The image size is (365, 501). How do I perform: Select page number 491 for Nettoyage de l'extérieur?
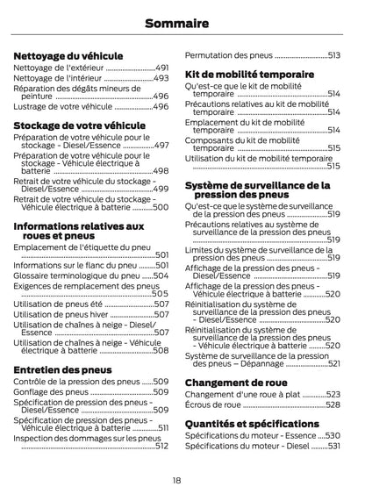(x=161, y=68)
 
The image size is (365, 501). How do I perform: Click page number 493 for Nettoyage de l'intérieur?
(x=161, y=78)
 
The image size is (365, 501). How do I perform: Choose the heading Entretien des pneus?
(x=62, y=369)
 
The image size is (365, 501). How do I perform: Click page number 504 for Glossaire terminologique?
(x=161, y=275)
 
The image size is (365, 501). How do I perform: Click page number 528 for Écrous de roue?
(x=333, y=404)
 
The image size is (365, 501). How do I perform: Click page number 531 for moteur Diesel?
(x=333, y=445)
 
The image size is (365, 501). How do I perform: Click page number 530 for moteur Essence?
(x=333, y=434)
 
